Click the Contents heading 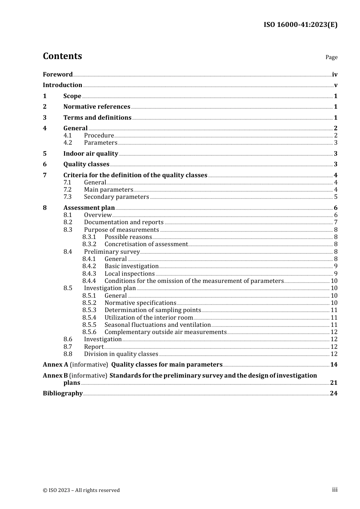click(62, 56)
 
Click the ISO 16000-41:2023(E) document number click(300, 25)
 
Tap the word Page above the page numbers click(331, 57)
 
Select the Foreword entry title click(58, 74)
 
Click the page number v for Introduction click(335, 85)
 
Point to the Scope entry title click(72, 96)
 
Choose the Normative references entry click(97, 107)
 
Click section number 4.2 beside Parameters click(67, 143)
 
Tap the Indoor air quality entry click(91, 153)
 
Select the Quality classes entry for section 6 click(86, 164)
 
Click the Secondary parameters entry click(116, 197)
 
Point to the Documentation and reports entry click(124, 222)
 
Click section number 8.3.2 click(89, 244)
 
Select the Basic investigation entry click(131, 266)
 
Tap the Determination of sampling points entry click(152, 310)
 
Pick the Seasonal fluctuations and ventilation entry click(157, 325)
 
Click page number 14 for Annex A click(333, 365)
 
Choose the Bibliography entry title click(63, 393)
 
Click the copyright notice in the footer click(81, 490)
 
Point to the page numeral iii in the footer click(335, 490)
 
